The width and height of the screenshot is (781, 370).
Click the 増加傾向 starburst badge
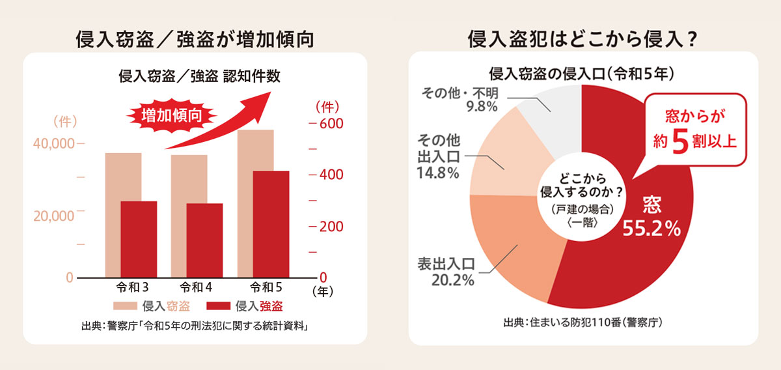pyautogui.click(x=171, y=116)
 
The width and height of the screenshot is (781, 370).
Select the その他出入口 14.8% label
pyautogui.click(x=437, y=157)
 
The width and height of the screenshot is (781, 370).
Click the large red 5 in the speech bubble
pyautogui.click(x=679, y=143)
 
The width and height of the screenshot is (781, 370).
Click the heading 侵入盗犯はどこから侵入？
pyautogui.click(x=582, y=39)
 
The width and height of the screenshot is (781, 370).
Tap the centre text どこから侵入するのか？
pyautogui.click(x=582, y=185)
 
